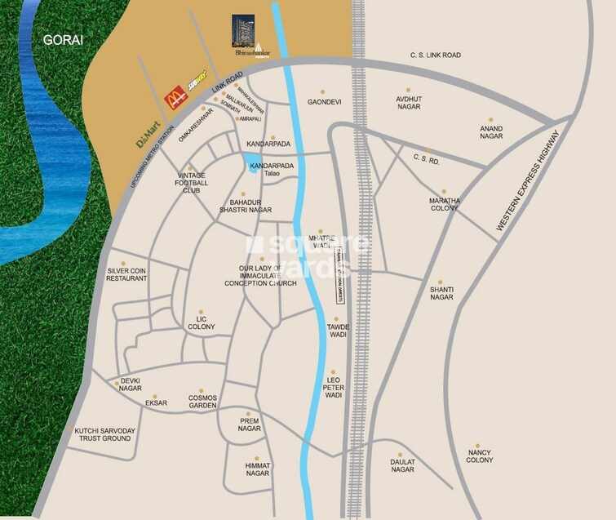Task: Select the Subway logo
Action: (x=197, y=82)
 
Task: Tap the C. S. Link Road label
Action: (x=435, y=55)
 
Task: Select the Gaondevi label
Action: (x=322, y=102)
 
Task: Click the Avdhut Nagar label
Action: (x=408, y=103)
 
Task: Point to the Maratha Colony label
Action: (x=445, y=204)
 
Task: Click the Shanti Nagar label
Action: (x=441, y=293)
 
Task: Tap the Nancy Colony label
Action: (x=480, y=456)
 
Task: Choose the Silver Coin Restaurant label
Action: (x=126, y=274)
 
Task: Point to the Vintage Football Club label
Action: (x=193, y=184)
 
